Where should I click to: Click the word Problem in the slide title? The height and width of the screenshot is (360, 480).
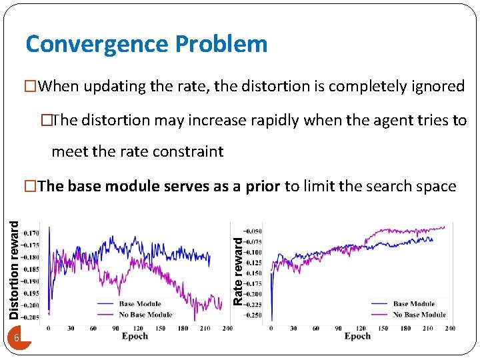[x=221, y=44]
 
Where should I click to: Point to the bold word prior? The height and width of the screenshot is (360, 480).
[x=263, y=186]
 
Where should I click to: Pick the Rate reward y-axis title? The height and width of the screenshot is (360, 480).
[x=238, y=267]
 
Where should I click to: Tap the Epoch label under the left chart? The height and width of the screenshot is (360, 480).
[x=135, y=337]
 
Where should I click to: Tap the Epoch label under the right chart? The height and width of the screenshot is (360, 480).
[x=357, y=337]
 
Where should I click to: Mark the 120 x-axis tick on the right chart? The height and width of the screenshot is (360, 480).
[x=360, y=329]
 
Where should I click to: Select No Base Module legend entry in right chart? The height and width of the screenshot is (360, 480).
[x=419, y=314]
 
